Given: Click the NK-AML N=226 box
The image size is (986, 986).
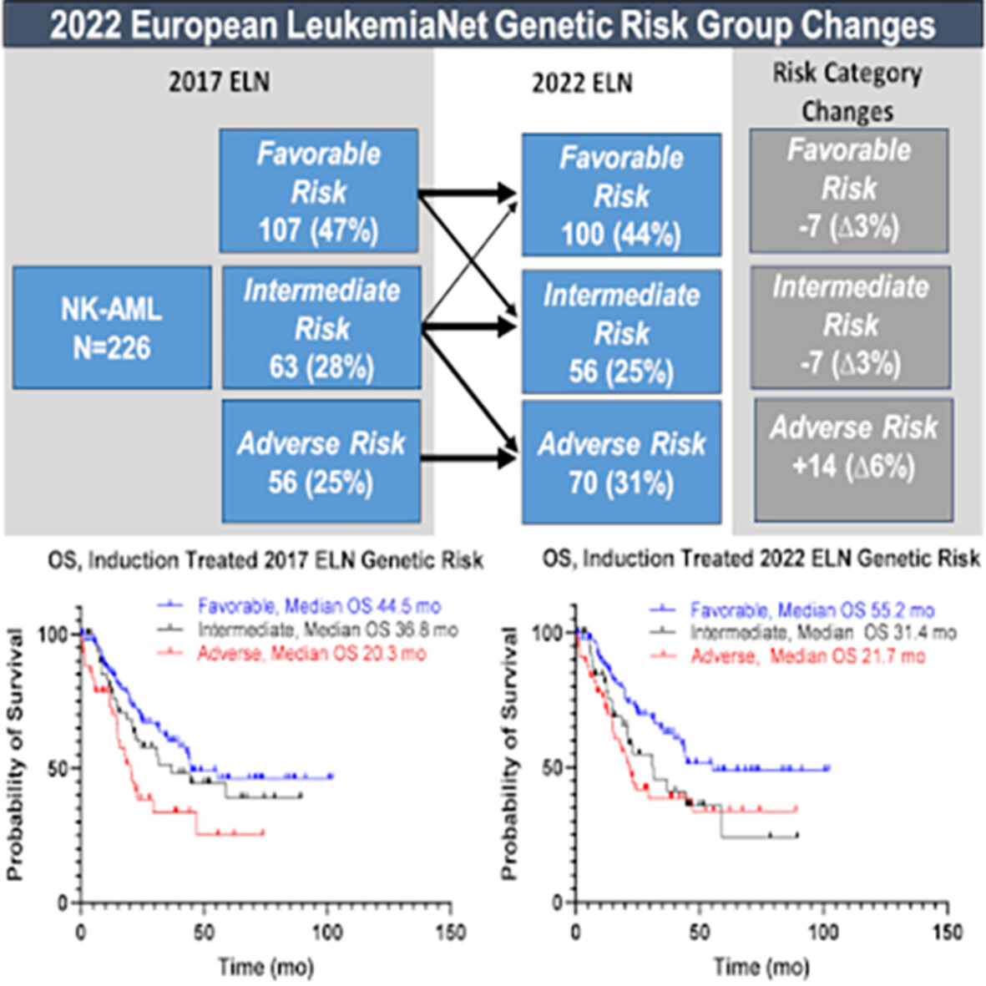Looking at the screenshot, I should [111, 327].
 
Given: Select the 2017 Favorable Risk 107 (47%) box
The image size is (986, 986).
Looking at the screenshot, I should [318, 191].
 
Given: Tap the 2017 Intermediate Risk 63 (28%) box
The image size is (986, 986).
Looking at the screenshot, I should [321, 328].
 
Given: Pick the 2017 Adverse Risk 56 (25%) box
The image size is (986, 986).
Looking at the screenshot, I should [321, 462].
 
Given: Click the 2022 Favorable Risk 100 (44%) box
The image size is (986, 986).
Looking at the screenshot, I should [621, 195].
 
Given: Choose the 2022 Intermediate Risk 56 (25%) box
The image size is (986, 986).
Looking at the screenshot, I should [621, 332].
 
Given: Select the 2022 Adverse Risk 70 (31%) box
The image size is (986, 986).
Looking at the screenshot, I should [621, 463].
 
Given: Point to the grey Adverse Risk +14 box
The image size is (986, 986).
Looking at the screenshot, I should [853, 460].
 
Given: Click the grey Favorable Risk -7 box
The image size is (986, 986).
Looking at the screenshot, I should [848, 190].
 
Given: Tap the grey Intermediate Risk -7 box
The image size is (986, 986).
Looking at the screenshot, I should [850, 327].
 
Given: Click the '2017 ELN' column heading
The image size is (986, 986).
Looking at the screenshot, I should [219, 82].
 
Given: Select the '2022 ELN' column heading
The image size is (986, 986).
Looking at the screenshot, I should [582, 83].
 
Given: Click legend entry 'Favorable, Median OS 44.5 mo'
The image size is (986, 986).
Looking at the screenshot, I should [319, 606].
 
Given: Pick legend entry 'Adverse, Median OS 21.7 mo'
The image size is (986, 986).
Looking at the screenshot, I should [807, 656].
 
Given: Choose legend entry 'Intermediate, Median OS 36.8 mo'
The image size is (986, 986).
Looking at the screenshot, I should [327, 630].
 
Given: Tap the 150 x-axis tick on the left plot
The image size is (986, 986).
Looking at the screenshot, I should [451, 932].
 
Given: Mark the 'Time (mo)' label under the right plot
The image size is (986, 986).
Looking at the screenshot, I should [761, 967].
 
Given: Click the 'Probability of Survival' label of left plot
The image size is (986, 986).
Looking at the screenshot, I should [15, 756].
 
